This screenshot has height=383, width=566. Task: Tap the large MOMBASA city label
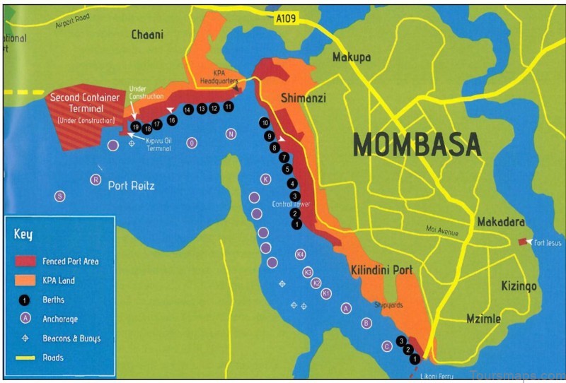(417, 144)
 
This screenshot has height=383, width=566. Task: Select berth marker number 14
(187, 110)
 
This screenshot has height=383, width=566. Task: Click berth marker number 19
(135, 127)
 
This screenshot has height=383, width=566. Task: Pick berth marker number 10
(265, 123)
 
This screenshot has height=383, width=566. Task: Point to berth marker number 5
(287, 169)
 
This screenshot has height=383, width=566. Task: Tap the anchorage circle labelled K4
(300, 254)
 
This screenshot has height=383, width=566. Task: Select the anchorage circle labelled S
(60, 196)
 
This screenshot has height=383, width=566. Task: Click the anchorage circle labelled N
(231, 134)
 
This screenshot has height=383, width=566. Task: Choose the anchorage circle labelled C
(386, 346)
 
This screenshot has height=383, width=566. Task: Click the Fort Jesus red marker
(523, 242)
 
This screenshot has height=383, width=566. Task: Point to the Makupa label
(352, 57)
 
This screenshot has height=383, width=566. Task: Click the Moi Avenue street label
(442, 231)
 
